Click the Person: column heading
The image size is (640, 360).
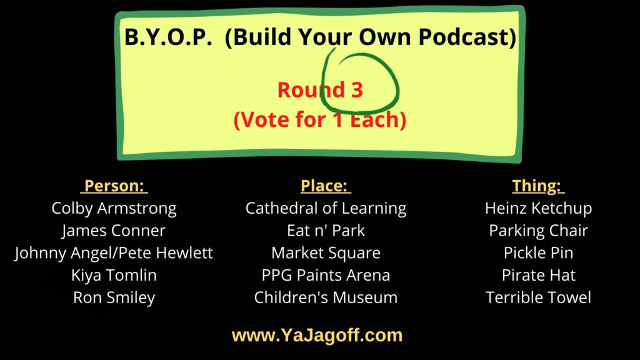tap(116, 186)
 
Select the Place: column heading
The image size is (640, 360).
tap(326, 186)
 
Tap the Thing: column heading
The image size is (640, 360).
tap(538, 186)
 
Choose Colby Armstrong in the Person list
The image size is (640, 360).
tap(114, 208)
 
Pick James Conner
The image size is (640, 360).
tap(114, 231)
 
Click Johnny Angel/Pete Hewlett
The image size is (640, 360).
tap(114, 253)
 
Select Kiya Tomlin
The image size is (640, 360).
tap(114, 275)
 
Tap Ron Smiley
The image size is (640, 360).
tap(114, 297)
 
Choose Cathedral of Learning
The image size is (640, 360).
tap(326, 208)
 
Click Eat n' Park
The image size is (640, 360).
tap(326, 231)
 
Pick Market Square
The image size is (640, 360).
tap(326, 253)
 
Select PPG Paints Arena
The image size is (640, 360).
tap(326, 275)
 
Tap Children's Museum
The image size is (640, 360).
tap(326, 297)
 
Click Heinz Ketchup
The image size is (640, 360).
tap(538, 208)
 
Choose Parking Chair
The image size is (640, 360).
tap(538, 231)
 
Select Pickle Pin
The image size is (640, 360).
tap(538, 253)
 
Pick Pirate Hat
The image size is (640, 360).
tap(538, 275)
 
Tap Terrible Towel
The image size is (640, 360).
tap(538, 297)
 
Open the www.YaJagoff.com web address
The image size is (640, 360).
tap(317, 336)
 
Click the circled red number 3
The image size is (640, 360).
tap(356, 90)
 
